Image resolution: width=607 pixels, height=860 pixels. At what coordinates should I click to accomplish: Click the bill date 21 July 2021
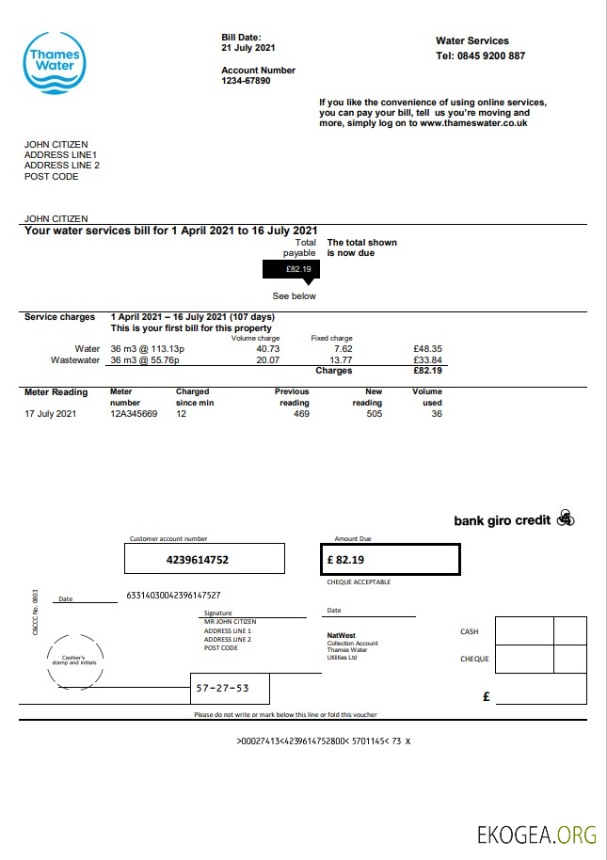(248, 47)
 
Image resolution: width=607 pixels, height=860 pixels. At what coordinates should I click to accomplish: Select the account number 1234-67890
(246, 81)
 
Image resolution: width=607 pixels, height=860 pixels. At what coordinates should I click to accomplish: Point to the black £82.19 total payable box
(291, 269)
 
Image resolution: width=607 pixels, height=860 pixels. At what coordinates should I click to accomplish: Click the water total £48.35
(427, 349)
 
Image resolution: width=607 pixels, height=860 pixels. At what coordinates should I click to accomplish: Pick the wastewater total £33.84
(427, 359)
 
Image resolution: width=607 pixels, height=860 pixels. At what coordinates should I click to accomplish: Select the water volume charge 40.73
(267, 349)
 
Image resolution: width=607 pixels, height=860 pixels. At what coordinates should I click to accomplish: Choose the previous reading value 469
(300, 414)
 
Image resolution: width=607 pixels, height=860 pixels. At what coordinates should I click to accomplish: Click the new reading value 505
(374, 414)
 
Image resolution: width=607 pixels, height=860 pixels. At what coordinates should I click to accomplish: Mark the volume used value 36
(436, 414)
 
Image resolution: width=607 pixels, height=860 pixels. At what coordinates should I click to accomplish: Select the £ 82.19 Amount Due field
(390, 560)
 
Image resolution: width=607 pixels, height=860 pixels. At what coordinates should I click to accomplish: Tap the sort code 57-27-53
(222, 688)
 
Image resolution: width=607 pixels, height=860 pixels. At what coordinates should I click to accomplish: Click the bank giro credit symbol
(565, 518)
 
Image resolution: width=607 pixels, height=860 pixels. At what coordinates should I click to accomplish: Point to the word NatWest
(340, 635)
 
